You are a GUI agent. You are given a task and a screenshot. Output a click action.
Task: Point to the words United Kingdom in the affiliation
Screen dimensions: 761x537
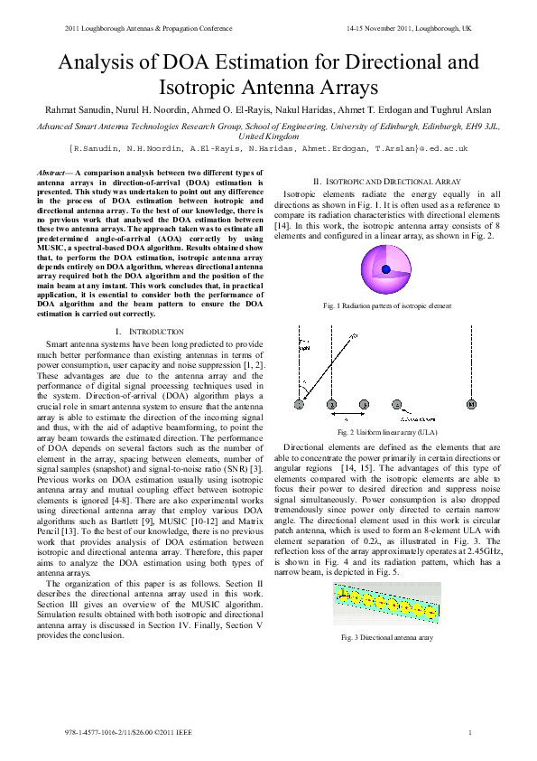pos(268,135)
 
